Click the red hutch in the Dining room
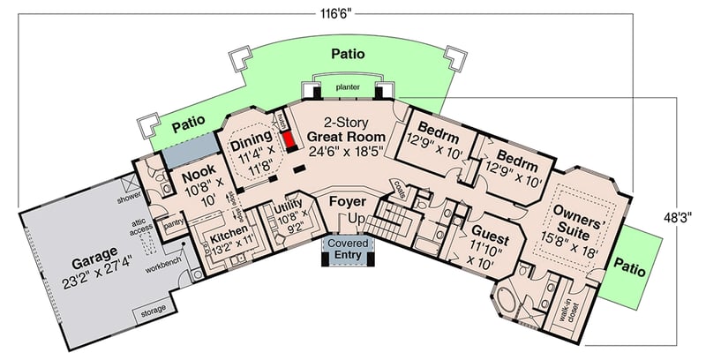click(288, 139)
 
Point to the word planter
click(347, 87)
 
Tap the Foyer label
click(347, 202)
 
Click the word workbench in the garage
click(163, 265)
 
